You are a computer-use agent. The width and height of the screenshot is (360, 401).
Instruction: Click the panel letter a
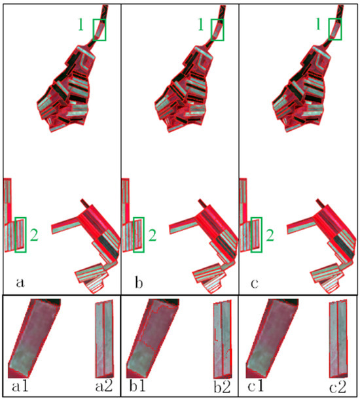coord(20,283)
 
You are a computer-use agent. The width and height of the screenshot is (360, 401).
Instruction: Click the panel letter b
coord(139,282)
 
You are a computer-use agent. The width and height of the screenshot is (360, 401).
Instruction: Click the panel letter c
coord(255,283)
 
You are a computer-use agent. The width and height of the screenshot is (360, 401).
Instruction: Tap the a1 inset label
coord(20,386)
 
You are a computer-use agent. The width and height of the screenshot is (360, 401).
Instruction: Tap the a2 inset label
coord(104,386)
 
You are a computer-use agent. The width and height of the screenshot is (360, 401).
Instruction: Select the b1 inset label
coord(137,386)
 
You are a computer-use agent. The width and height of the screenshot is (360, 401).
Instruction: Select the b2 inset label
coord(222,386)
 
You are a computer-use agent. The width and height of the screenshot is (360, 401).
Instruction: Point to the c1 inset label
coord(256,386)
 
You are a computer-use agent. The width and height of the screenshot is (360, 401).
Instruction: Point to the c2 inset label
coord(338,387)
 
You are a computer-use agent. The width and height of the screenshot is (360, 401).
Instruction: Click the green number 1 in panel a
coord(81,26)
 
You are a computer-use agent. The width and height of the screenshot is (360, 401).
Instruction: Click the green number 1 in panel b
coord(200,26)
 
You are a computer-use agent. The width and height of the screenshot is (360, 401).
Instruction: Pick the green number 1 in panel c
coord(318,25)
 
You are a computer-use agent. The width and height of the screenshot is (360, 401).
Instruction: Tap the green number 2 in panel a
coord(34,235)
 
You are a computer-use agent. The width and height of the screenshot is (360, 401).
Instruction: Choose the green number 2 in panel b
coord(153,235)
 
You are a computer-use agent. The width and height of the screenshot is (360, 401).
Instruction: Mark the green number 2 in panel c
coord(270,235)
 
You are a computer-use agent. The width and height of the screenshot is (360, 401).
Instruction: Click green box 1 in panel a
coord(94,29)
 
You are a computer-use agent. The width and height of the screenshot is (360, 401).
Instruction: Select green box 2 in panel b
coord(134,235)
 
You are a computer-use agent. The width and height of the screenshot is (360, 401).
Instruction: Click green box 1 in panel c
coord(329,29)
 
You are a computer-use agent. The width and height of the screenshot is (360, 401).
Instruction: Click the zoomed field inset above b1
coord(153,339)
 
